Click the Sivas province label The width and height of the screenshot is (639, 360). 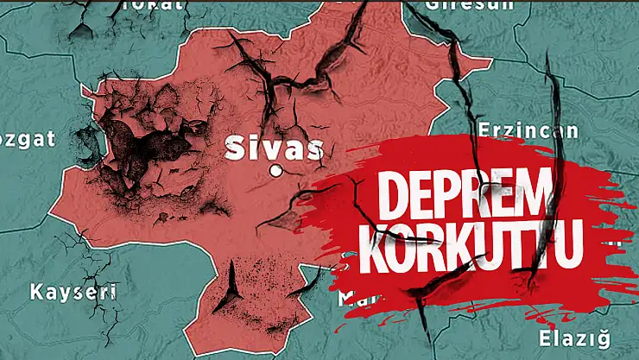(x=274, y=148)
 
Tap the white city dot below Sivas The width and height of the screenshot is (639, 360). (x=276, y=170)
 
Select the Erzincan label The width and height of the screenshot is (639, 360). (x=516, y=131)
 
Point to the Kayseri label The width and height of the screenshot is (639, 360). (x=73, y=291)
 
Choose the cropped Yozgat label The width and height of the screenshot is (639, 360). (x=28, y=137)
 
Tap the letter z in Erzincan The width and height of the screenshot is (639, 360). (x=503, y=132)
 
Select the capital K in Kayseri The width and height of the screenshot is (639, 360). (x=35, y=291)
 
